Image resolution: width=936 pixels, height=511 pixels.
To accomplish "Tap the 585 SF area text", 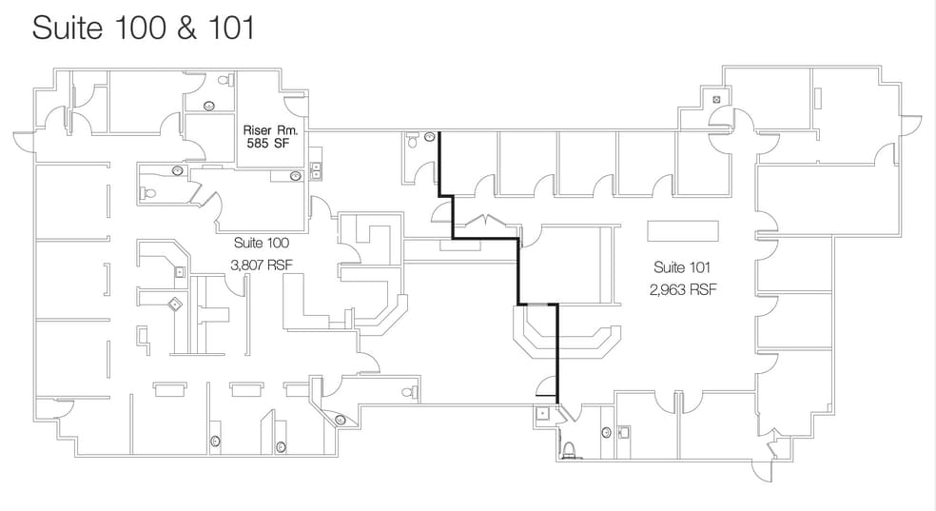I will [x=271, y=146].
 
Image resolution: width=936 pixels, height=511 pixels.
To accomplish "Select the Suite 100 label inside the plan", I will [x=261, y=244].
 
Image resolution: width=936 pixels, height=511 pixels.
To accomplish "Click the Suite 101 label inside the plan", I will [x=682, y=267].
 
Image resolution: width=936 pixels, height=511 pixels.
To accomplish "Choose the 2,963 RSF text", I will [x=683, y=288].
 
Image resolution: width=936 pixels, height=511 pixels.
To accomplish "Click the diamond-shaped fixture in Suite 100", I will [x=175, y=305].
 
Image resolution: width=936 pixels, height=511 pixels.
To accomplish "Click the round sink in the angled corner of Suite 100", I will [x=340, y=419].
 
